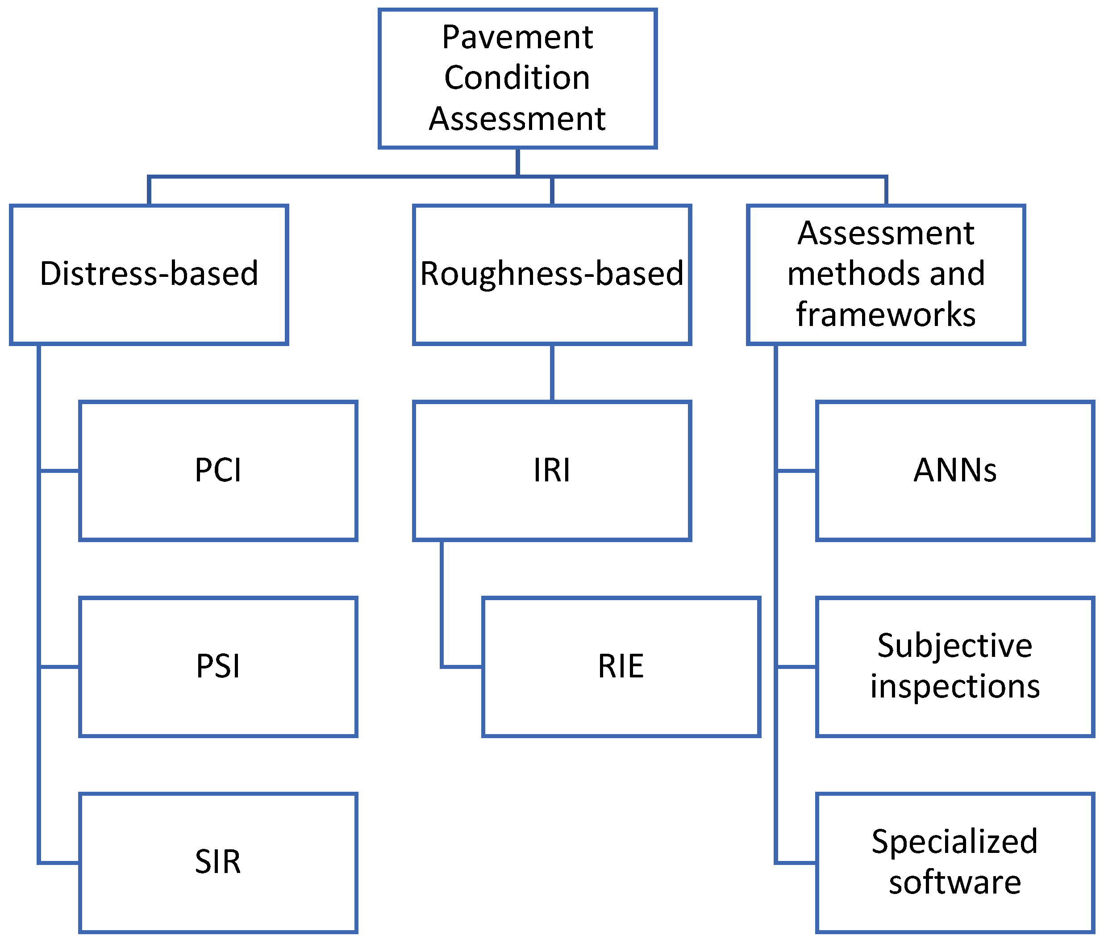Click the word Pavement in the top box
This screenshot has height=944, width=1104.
(517, 38)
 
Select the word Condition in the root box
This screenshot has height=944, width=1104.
(517, 78)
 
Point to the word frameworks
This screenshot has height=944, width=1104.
(886, 314)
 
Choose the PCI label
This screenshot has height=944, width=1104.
(218, 470)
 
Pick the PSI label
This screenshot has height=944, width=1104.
(218, 666)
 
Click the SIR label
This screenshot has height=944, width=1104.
(218, 862)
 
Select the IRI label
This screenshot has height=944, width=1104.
(551, 470)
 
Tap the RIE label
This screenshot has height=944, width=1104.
(621, 666)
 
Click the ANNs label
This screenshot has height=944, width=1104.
(955, 470)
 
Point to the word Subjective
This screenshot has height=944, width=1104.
(955, 646)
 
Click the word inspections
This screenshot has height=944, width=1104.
(955, 686)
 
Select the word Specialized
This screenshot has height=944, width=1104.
(955, 842)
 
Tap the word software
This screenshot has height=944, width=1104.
(955, 882)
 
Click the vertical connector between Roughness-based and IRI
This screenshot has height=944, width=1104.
(552, 372)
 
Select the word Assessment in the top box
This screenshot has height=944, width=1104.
(517, 118)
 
